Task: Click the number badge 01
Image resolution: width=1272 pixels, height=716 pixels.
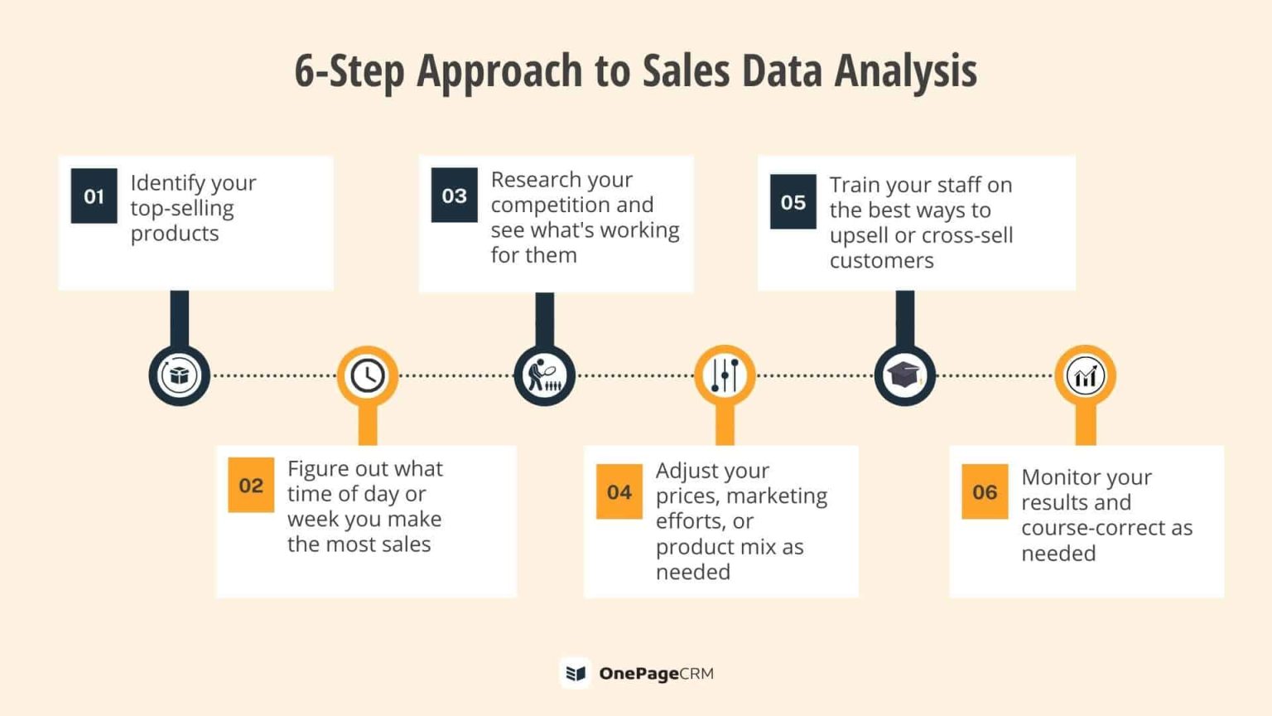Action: coord(94,196)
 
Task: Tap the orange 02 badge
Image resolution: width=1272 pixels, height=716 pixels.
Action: coord(251,485)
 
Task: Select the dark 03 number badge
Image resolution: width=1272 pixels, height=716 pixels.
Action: coord(454,196)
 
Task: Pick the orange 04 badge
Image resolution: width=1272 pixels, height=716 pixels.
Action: coord(619,491)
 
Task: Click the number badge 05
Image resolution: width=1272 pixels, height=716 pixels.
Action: coord(793,201)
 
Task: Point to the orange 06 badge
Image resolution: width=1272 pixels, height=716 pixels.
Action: coord(984,491)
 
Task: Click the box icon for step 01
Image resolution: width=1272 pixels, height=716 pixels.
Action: coord(179,375)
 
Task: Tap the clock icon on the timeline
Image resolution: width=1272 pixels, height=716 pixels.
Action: coord(367,375)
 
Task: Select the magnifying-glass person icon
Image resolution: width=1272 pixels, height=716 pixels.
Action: coord(544,375)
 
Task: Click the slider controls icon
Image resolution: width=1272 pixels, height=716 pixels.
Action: coord(725,375)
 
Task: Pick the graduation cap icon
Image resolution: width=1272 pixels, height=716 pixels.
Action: coord(904,375)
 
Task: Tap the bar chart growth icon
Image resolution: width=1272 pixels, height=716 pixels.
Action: coord(1085,375)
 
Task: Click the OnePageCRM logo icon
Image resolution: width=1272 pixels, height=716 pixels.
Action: coord(576,673)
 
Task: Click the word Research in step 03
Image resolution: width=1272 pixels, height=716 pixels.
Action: coord(561,180)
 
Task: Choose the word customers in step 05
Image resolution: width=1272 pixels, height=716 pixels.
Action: coord(881,260)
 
